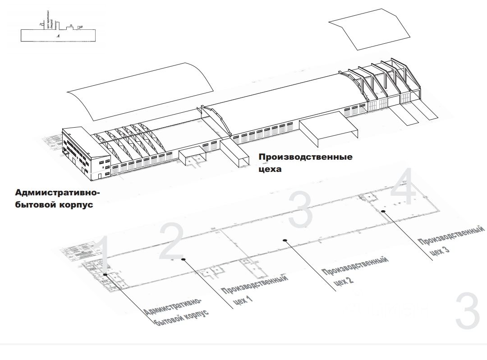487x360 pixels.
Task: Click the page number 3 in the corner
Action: pos(467,311)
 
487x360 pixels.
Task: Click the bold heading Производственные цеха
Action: pos(305,163)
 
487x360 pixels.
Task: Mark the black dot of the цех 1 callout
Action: pos(183,259)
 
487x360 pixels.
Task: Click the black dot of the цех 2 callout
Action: pos(285,240)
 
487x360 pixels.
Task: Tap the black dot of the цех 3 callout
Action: pos(382,211)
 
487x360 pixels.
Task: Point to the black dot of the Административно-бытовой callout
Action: pos(105,274)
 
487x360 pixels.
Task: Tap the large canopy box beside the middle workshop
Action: pos(329,129)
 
